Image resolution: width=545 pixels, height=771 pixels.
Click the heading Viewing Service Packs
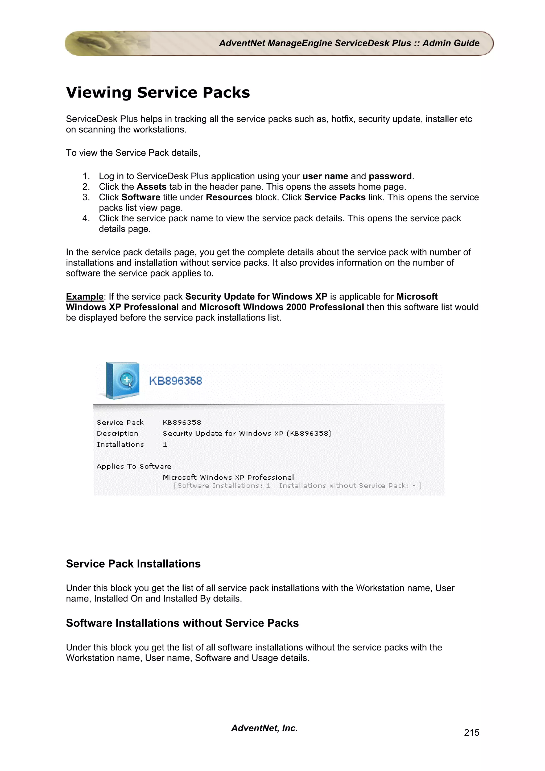158,93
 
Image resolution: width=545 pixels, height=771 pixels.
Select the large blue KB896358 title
175,381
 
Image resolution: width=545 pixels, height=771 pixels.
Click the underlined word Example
85,297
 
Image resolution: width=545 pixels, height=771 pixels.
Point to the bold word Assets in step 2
151,187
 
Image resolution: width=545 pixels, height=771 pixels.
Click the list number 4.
86,218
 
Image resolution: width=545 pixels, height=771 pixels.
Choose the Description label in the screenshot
118,433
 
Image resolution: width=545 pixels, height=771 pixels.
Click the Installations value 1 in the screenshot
165,445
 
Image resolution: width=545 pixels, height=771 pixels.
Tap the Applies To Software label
134,466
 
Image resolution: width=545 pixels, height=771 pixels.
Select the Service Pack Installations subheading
133,564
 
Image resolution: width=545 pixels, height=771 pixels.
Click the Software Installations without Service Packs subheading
182,623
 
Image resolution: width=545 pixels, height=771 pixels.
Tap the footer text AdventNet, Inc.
264,728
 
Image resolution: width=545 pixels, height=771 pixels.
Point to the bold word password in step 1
390,176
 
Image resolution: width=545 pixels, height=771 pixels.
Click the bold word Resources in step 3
229,197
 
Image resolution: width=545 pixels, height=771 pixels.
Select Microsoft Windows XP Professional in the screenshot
228,478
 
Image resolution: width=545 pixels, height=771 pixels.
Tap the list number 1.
86,176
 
